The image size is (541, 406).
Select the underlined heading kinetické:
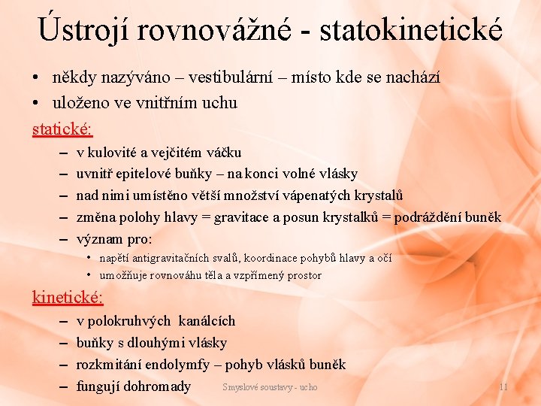pyautogui.click(x=68, y=297)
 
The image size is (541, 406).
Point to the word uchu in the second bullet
pyautogui.click(x=219, y=103)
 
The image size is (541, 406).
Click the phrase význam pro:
pyautogui.click(x=114, y=240)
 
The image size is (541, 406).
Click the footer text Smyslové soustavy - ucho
pyautogui.click(x=270, y=387)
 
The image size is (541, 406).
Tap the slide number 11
pyautogui.click(x=503, y=387)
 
